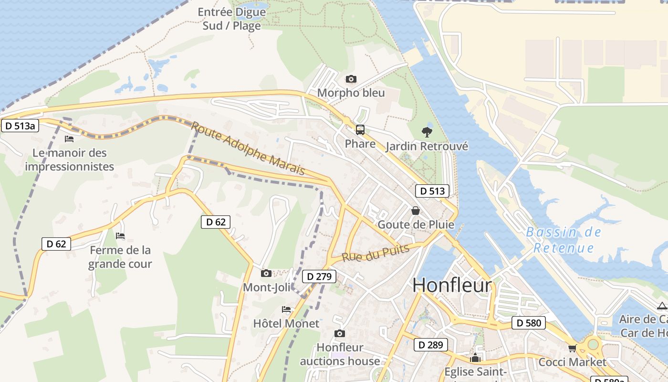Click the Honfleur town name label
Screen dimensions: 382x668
(452, 285)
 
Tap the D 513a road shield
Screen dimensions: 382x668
(20, 126)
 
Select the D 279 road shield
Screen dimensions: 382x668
(319, 276)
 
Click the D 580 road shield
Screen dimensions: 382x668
(529, 323)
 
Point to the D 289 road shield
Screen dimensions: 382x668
(431, 345)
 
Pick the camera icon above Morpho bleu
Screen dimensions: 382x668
(351, 79)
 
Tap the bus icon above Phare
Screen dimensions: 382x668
(360, 130)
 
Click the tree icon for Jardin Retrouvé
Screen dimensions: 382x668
(427, 132)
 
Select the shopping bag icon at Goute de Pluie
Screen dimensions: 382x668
(416, 211)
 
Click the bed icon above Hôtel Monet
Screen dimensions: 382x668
(286, 309)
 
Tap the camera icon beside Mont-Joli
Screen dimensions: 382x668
(266, 274)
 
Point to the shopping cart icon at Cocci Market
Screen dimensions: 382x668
(572, 348)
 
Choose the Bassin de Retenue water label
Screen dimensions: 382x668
(564, 240)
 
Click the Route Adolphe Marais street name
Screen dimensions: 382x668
(248, 148)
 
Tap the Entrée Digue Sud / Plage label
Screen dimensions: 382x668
(232, 19)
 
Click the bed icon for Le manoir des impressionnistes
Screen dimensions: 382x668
(69, 139)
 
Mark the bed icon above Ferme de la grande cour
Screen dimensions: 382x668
(120, 236)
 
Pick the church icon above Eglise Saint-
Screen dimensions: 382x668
(475, 358)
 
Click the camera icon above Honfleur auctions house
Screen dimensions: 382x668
(340, 333)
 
